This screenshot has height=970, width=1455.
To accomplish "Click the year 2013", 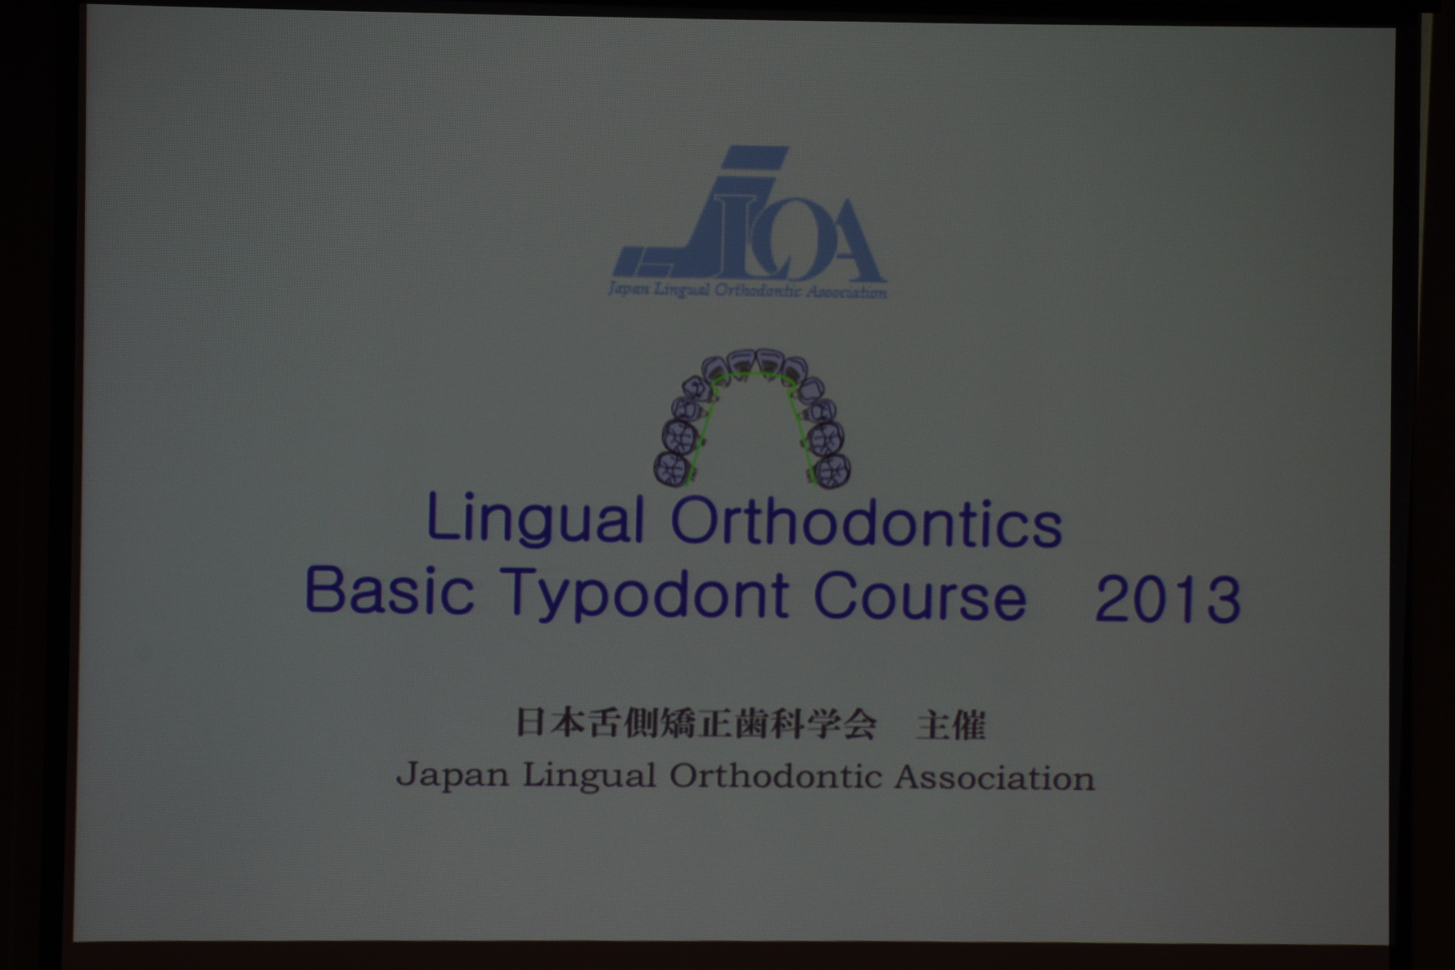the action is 1168,599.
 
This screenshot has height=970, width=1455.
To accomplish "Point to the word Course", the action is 919,596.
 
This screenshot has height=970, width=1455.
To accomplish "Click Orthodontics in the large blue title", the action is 866,523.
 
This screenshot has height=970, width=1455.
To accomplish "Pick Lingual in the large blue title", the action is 536,520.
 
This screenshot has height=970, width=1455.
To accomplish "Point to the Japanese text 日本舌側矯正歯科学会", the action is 696,723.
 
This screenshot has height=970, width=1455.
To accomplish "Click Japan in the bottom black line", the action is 452,775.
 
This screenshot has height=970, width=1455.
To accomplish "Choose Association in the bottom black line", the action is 994,777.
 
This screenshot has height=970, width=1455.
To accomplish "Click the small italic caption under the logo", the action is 747,291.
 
